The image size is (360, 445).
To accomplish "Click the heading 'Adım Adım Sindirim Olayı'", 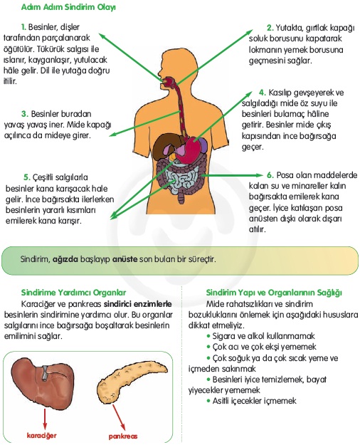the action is pyautogui.click(x=68, y=7).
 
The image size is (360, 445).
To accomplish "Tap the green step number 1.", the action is pyautogui.click(x=23, y=27).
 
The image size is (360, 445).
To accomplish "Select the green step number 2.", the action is pyautogui.click(x=270, y=28).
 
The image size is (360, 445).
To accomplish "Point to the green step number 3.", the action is pyautogui.click(x=25, y=114).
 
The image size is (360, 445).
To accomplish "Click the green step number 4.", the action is pyautogui.click(x=263, y=93).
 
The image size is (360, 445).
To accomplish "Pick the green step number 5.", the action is pyautogui.click(x=26, y=177).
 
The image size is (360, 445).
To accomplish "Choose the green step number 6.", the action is pyautogui.click(x=270, y=175).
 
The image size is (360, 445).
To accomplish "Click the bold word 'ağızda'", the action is pyautogui.click(x=65, y=259).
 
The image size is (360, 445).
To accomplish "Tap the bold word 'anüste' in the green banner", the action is pyautogui.click(x=125, y=259).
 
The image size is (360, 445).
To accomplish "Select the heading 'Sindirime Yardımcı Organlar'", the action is pyautogui.click(x=73, y=293).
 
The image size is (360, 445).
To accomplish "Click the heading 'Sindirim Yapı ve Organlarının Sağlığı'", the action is pyautogui.click(x=274, y=293).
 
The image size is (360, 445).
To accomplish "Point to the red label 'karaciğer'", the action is pyautogui.click(x=42, y=435).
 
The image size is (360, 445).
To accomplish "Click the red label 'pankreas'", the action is pyautogui.click(x=123, y=436).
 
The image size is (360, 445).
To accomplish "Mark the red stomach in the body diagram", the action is pyautogui.click(x=189, y=149).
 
